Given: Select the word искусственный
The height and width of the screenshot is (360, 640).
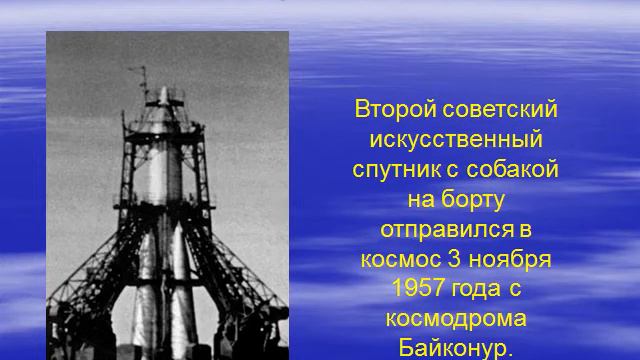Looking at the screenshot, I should [455, 138].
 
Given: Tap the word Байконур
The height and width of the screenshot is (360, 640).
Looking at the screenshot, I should [455, 349].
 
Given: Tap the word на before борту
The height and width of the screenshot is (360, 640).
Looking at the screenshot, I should [424, 198].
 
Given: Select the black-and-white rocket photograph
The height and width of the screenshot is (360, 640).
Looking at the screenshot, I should [167, 195].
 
